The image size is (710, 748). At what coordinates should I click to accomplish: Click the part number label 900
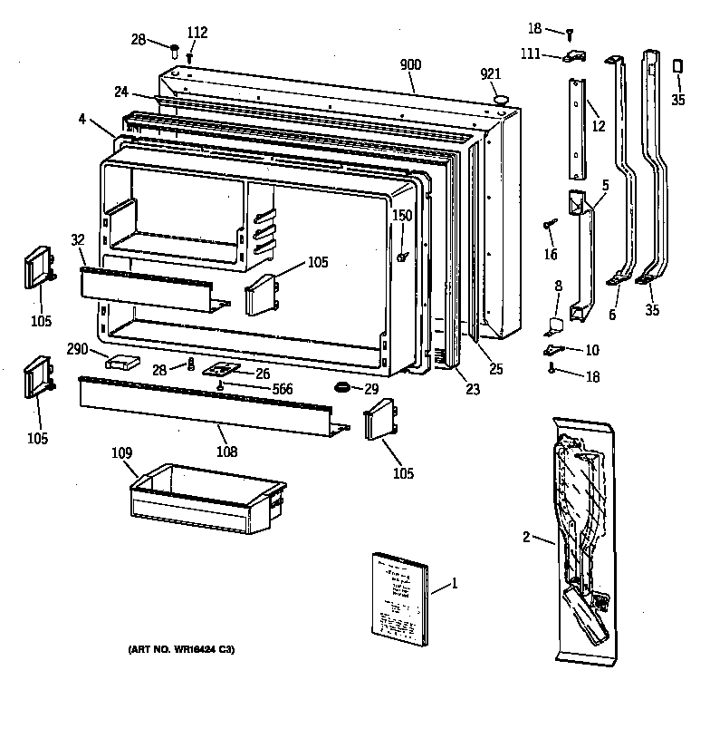(411, 64)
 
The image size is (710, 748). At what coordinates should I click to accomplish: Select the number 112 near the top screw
(197, 34)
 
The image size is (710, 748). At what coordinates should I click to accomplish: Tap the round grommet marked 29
(343, 388)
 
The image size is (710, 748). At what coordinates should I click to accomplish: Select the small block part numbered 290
(125, 363)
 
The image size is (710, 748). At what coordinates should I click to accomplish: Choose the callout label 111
(531, 55)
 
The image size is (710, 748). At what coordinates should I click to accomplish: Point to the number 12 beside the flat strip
(598, 126)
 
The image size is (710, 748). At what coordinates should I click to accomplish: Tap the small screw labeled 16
(549, 224)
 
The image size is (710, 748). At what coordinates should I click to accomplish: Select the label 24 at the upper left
(120, 92)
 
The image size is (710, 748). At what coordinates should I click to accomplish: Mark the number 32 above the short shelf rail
(77, 239)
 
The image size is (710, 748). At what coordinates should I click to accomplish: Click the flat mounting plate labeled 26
(220, 370)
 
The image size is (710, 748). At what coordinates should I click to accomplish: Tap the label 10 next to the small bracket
(591, 350)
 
